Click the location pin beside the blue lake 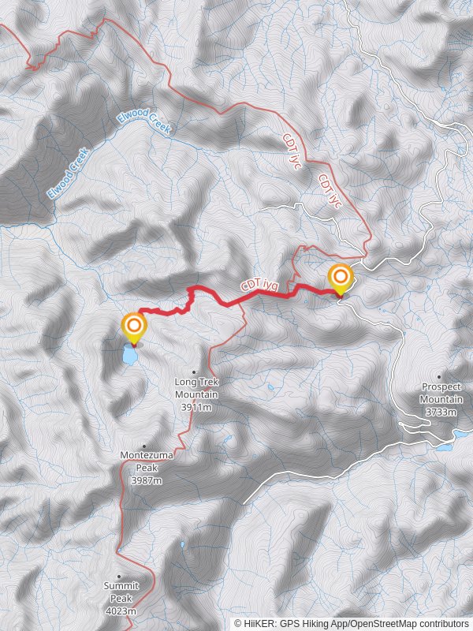pos(134,327)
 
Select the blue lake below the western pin pos(128,356)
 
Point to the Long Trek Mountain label pos(196,387)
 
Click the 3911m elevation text pos(196,408)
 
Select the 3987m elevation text pos(146,480)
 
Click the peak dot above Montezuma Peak pos(143,446)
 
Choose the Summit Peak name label pos(121,591)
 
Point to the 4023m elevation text pos(121,611)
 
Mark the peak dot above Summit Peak pos(119,577)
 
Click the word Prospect pos(441,387)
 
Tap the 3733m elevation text pos(441,412)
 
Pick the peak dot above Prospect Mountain pos(439,377)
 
